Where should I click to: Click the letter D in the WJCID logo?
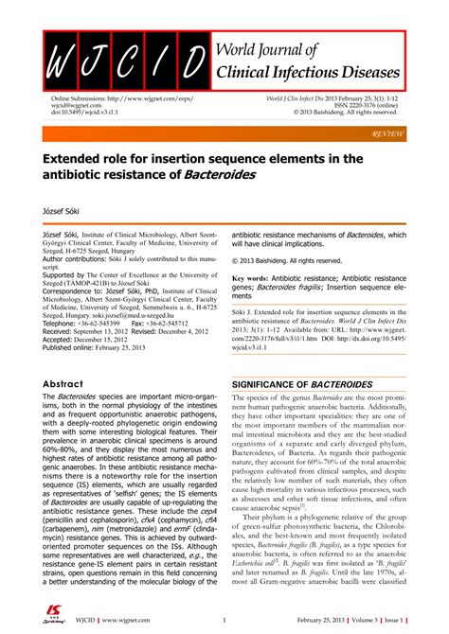tap(194, 62)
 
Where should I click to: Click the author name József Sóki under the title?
tap(63, 201)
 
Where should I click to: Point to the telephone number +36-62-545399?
tap(99, 323)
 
